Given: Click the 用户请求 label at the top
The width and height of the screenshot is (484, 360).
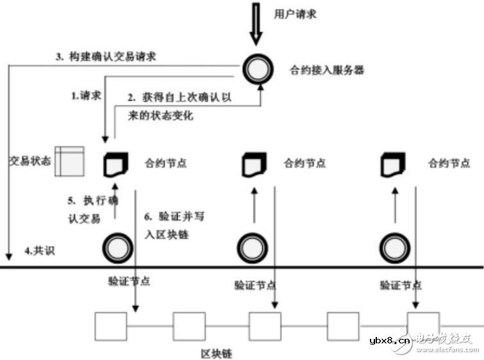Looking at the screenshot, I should pos(295,13).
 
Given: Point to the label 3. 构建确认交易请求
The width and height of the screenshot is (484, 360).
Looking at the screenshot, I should pos(106,56).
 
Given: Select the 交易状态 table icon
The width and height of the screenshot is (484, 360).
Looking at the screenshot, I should pos(69,161).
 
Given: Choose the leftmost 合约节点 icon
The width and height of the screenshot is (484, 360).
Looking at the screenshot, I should pos(116,164).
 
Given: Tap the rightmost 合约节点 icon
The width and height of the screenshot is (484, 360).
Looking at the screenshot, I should pos(393,164).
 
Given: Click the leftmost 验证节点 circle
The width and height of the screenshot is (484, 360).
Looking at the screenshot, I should pos(119,246).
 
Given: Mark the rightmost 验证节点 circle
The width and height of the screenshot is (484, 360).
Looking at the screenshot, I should pos(393,246).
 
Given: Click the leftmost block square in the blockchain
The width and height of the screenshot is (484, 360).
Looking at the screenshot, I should pos(111,326).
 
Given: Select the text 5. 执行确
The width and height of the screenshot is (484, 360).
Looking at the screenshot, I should pos(94,200).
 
